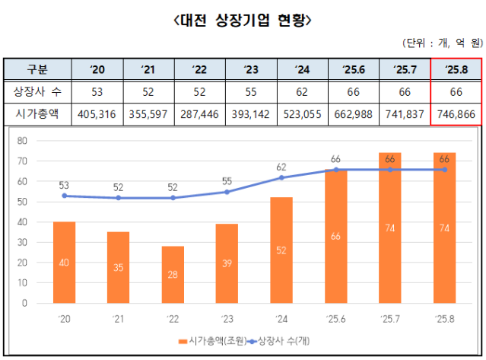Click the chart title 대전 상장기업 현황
point(243,18)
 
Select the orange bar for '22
point(173,274)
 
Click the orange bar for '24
point(281,250)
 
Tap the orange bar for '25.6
point(335,236)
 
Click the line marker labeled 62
point(281,177)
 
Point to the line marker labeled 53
point(64,196)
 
